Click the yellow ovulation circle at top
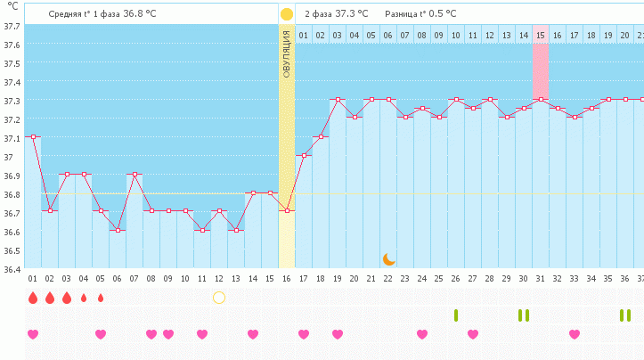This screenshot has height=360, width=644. click(286, 14)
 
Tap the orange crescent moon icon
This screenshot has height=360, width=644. click(389, 258)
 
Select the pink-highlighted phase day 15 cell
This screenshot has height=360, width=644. click(540, 35)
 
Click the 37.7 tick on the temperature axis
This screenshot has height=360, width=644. click(12, 26)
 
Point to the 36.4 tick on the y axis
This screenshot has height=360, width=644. click(12, 268)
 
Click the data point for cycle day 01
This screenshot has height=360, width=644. click(33, 137)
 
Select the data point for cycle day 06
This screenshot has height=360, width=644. click(118, 230)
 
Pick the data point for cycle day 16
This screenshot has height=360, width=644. click(287, 211)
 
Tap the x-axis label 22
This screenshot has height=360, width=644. click(388, 279)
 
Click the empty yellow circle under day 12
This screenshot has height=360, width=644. click(219, 298)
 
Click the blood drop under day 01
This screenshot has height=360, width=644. click(33, 298)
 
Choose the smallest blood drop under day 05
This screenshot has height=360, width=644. click(101, 298)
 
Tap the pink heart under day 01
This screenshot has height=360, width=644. click(33, 334)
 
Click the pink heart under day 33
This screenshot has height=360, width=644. click(575, 334)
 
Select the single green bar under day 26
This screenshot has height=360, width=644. click(456, 315)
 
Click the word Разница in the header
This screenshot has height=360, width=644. click(401, 14)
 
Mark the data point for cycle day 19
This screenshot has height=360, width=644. click(338, 100)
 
